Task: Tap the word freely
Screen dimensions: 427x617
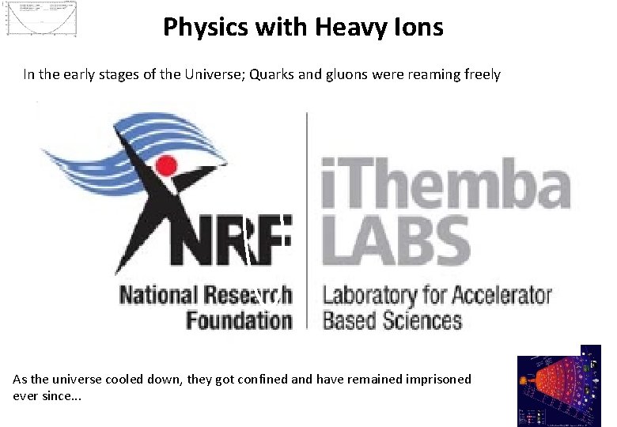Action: [x=482, y=75]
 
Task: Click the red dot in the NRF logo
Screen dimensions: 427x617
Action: [x=166, y=165]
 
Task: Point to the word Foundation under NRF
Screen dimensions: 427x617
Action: [x=238, y=320]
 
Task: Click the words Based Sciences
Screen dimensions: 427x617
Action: [x=392, y=320]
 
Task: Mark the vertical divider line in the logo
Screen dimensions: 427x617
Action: [x=307, y=221]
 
